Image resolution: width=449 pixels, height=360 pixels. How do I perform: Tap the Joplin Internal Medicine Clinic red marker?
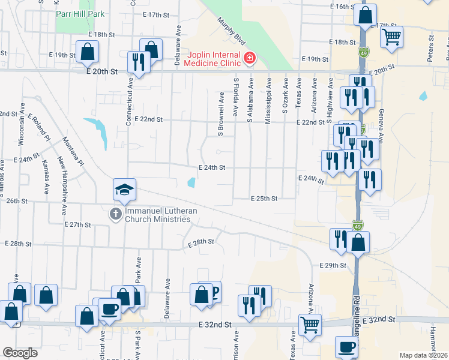coord(249,58)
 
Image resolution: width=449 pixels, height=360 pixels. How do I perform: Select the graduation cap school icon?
coord(125,190)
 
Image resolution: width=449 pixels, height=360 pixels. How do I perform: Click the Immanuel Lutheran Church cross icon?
coord(115,214)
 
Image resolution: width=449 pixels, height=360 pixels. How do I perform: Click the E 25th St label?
coord(264,198)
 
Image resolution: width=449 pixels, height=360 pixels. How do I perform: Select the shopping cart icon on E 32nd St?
coord(310,325)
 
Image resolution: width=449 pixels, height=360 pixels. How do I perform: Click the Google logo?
coord(20,353)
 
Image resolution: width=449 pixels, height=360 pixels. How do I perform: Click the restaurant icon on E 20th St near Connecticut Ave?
coord(139,62)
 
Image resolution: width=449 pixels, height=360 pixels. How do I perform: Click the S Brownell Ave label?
coord(221,112)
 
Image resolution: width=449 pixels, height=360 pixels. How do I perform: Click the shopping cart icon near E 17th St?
coord(391,36)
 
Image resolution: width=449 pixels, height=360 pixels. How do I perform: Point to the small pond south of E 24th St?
coord(191,183)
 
